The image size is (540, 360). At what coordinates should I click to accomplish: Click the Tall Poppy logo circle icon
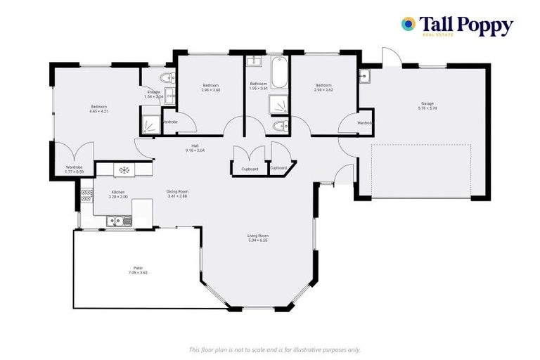click(x=408, y=25)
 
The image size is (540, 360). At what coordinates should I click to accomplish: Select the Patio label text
click(x=139, y=268)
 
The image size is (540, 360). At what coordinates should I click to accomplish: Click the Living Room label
click(x=257, y=236)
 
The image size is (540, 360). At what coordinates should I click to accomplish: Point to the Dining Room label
click(x=177, y=191)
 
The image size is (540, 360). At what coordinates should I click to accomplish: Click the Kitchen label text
click(x=118, y=191)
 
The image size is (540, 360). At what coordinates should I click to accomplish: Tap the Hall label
click(x=195, y=146)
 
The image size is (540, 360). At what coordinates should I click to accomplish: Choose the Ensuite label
click(x=153, y=92)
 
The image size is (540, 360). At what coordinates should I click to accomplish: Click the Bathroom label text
click(x=258, y=84)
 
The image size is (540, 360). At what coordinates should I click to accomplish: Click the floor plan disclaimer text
click(x=274, y=349)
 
